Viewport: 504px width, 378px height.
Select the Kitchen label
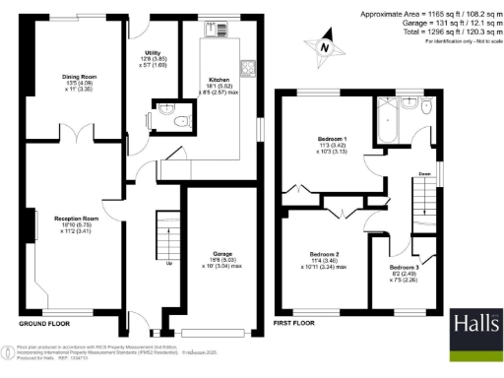pyautogui.click(x=220, y=81)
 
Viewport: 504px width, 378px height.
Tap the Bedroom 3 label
pyautogui.click(x=404, y=268)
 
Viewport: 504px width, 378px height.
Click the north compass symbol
pyautogui.click(x=326, y=45)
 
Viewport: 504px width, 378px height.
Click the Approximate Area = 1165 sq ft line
pyautogui.click(x=425, y=13)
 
